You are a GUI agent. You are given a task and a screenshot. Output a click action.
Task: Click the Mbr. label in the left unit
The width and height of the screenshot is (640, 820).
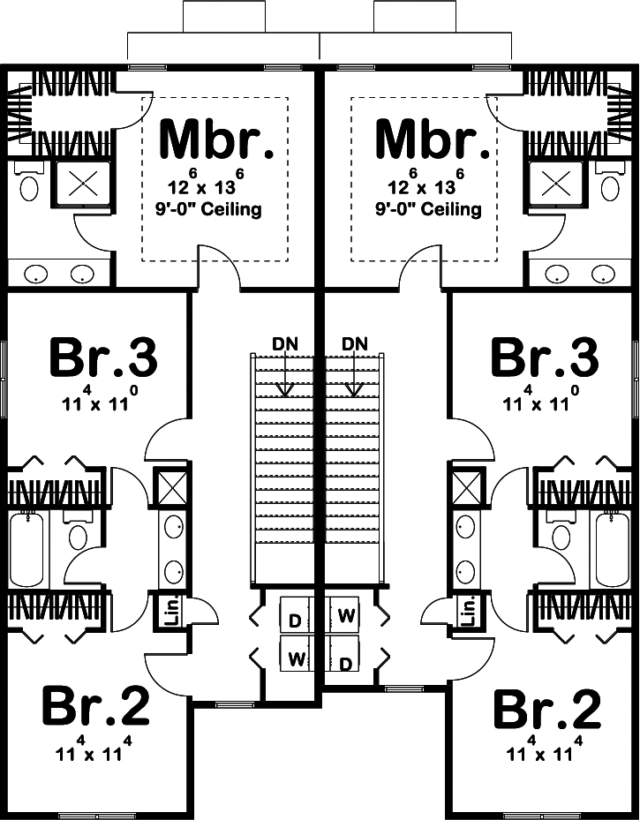[x=215, y=139]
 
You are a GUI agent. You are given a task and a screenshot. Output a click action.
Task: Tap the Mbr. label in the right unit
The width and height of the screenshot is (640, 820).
[x=433, y=139]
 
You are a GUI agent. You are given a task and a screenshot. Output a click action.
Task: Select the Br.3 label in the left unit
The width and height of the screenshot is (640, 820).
[x=102, y=358]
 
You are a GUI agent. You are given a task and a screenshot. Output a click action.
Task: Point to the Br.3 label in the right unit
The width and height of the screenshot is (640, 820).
[x=546, y=358]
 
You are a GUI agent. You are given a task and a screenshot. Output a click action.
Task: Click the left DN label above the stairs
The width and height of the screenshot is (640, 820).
[x=284, y=342]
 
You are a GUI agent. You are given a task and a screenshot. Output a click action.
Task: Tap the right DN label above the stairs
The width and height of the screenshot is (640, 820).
[x=353, y=342]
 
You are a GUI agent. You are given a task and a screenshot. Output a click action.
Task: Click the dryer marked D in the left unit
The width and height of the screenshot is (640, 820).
[x=295, y=621]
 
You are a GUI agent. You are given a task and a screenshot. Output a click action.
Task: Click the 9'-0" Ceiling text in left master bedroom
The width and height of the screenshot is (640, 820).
[x=215, y=210]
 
